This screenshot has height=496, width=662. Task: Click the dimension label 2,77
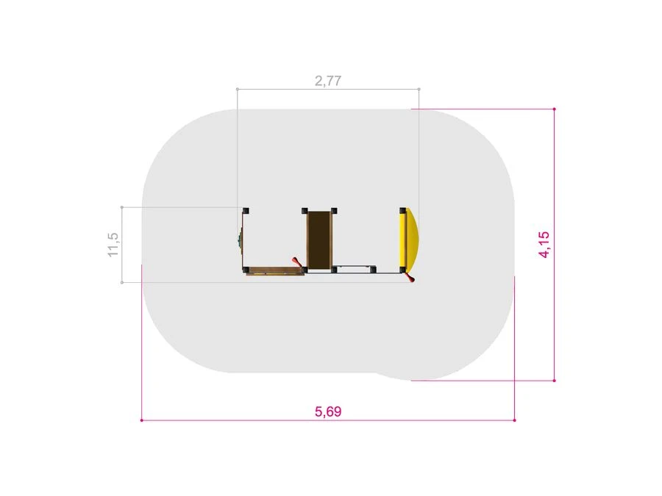[x=328, y=81]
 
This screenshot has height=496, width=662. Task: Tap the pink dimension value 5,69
[x=328, y=411]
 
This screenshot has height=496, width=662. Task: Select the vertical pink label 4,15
[x=544, y=244]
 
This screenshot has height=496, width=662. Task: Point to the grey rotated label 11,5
[x=113, y=245]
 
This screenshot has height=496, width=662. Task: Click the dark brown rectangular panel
[x=319, y=240]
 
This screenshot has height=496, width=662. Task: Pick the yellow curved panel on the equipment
[x=409, y=240]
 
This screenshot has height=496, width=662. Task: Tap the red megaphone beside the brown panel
[x=297, y=262]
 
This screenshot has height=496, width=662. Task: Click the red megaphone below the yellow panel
[x=410, y=277]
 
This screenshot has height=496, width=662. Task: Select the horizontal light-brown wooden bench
[x=275, y=270]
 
